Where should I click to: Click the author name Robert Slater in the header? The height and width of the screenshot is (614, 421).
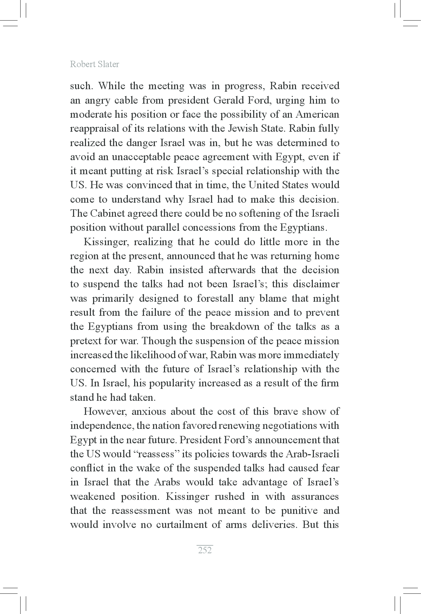94,64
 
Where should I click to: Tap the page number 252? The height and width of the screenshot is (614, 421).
205,550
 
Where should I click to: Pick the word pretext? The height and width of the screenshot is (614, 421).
85,341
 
